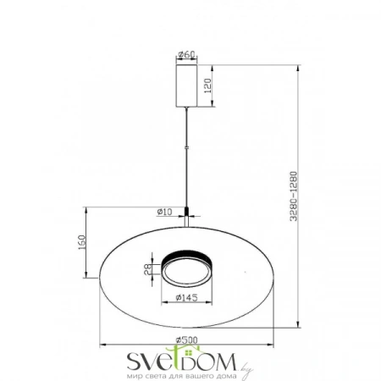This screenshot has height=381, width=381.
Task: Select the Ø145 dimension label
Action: click(x=185, y=297)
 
